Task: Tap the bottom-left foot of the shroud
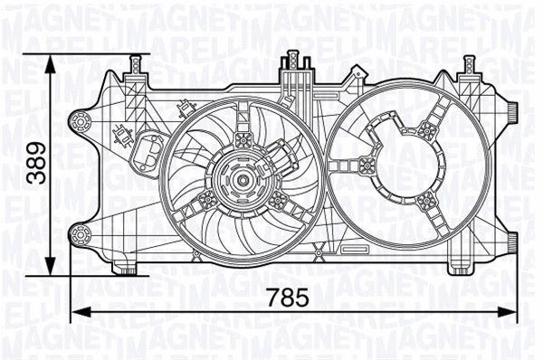125,268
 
